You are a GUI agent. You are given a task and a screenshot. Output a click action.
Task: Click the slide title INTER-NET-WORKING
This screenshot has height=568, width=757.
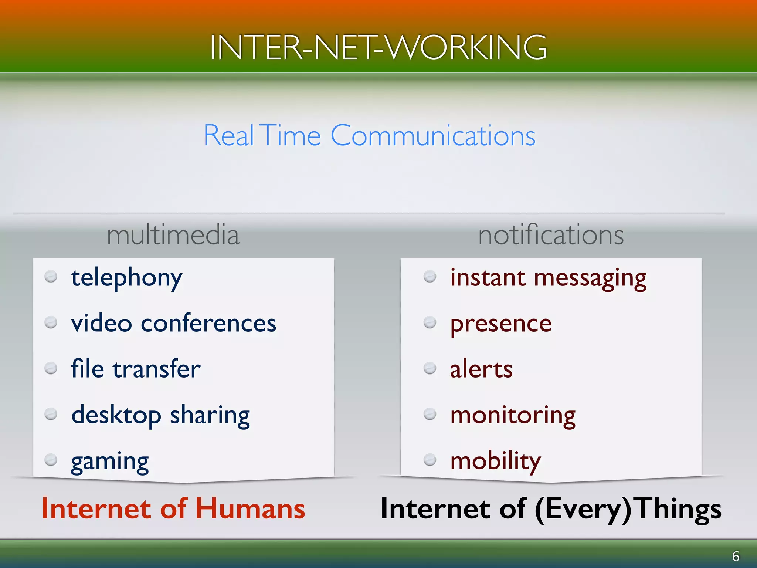pyautogui.click(x=378, y=47)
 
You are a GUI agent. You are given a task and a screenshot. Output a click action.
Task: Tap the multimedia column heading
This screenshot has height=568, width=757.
pyautogui.click(x=173, y=235)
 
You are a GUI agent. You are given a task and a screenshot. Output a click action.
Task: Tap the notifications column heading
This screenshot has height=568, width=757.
pyautogui.click(x=551, y=235)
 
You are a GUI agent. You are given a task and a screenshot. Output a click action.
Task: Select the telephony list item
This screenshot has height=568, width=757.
pyautogui.click(x=126, y=278)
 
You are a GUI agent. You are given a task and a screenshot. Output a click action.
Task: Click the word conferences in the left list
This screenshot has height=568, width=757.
pyautogui.click(x=208, y=323)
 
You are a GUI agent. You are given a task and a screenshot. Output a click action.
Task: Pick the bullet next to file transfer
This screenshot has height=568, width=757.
pyautogui.click(x=51, y=368)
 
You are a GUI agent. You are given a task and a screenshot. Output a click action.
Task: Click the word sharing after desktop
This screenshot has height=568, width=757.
pyautogui.click(x=210, y=415)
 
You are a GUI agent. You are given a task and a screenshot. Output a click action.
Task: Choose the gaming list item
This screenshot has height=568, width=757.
pyautogui.click(x=110, y=461)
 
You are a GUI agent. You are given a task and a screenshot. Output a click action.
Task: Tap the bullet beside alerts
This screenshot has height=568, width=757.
pyautogui.click(x=430, y=368)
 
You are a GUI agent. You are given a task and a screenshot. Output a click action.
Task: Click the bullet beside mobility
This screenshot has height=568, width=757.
pyautogui.click(x=430, y=460)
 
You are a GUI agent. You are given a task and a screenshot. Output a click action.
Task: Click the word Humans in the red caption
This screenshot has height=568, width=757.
pyautogui.click(x=250, y=509)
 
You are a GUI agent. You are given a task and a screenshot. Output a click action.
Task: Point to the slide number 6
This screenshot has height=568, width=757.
pyautogui.click(x=736, y=556)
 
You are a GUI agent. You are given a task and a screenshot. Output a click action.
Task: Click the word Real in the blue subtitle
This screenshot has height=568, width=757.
pyautogui.click(x=228, y=136)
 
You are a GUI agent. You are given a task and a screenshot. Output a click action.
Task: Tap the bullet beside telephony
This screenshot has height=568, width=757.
pyautogui.click(x=51, y=277)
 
